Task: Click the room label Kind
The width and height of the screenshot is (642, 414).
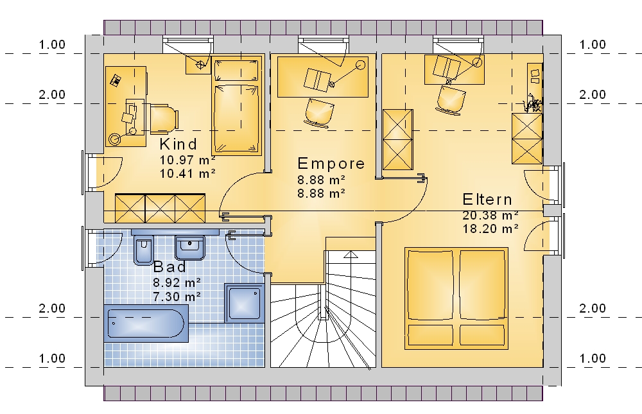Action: pyautogui.click(x=178, y=144)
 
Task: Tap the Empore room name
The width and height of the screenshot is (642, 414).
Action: pyautogui.click(x=331, y=164)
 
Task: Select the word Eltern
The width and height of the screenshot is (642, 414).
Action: pyautogui.click(x=487, y=200)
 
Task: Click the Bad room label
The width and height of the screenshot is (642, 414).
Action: pyautogui.click(x=169, y=267)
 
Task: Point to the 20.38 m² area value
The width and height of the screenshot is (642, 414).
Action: pyautogui.click(x=490, y=215)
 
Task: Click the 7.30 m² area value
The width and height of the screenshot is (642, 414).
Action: pyautogui.click(x=177, y=296)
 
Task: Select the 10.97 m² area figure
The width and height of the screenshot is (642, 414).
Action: pyautogui.click(x=187, y=160)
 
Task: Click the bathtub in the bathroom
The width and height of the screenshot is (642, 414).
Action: pyautogui.click(x=146, y=323)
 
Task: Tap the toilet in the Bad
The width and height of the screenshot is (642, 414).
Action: pyautogui.click(x=143, y=250)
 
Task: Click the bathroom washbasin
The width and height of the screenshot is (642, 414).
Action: pyautogui.click(x=190, y=248)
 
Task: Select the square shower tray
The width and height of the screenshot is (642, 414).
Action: pyautogui.click(x=245, y=303)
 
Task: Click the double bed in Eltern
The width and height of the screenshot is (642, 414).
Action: pyautogui.click(x=456, y=298)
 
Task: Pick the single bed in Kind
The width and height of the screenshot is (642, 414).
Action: pyautogui.click(x=237, y=106)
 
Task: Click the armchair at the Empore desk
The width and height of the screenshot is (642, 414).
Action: pyautogui.click(x=319, y=112)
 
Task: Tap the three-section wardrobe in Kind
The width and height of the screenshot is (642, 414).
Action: pyautogui.click(x=160, y=209)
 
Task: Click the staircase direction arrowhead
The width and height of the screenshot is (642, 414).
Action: pyautogui.click(x=351, y=255)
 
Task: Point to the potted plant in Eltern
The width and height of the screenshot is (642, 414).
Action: pyautogui.click(x=533, y=103)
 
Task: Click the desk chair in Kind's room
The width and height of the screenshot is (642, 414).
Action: pyautogui.click(x=164, y=119)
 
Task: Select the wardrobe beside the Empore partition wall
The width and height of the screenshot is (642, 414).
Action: pyautogui.click(x=397, y=140)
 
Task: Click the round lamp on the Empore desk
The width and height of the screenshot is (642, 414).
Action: pyautogui.click(x=360, y=65)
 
